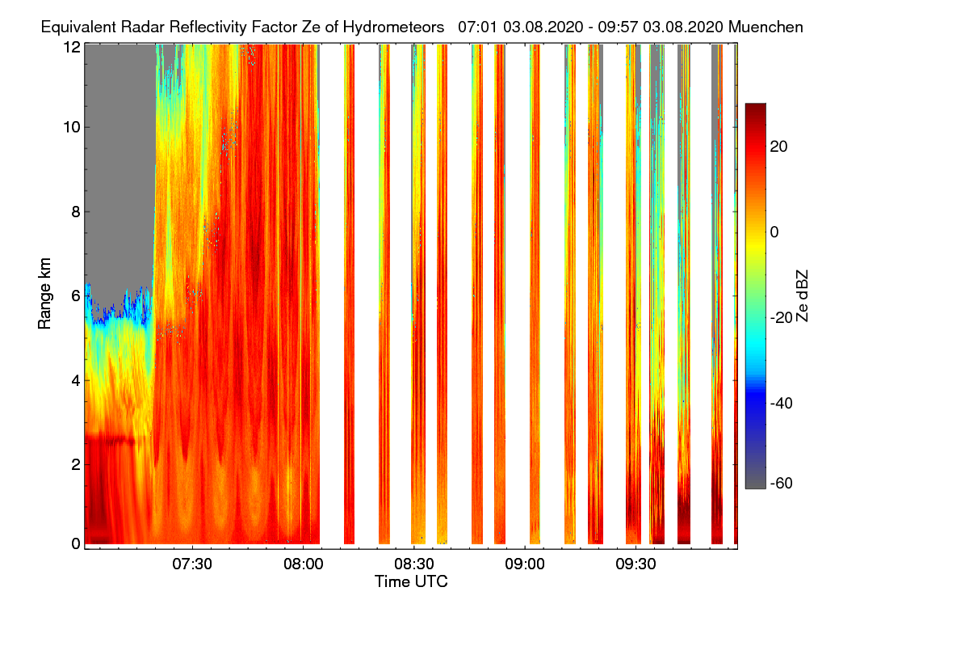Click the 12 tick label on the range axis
71,47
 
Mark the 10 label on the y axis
71,128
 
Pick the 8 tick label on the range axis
75,212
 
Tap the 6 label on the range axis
75,296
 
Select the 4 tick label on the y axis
75,380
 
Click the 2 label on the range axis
75,464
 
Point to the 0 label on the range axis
75,543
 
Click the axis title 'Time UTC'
411,581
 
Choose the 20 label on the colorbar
780,146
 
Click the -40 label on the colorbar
783,403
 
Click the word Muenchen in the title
766,27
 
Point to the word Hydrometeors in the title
395,27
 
